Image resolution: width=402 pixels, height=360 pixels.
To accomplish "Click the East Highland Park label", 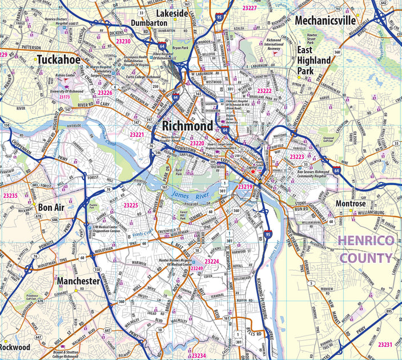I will (313, 59).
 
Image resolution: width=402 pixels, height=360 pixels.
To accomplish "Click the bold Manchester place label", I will (78, 281).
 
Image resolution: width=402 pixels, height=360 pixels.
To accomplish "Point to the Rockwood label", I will (15, 347).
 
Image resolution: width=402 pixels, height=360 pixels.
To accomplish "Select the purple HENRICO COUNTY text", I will (367, 249).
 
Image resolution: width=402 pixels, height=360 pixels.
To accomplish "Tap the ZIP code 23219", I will (245, 187).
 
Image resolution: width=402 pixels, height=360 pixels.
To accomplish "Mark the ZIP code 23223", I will (297, 157).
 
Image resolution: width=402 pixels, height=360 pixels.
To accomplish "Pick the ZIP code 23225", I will (131, 205).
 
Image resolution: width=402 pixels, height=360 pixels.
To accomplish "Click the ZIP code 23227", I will (250, 8).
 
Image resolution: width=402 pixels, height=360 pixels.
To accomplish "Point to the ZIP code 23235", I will (10, 196).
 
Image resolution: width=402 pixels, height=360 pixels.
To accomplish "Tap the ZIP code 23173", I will (65, 97).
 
